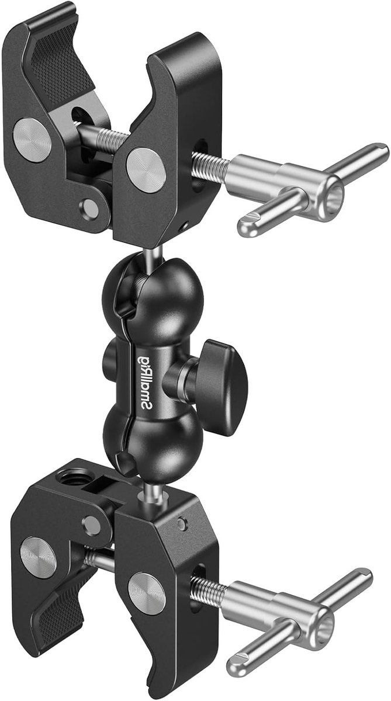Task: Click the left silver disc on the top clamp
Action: (32, 140)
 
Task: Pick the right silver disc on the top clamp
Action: (146, 170)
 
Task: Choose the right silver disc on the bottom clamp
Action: (147, 593)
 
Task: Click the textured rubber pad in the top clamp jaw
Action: (63, 71)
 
